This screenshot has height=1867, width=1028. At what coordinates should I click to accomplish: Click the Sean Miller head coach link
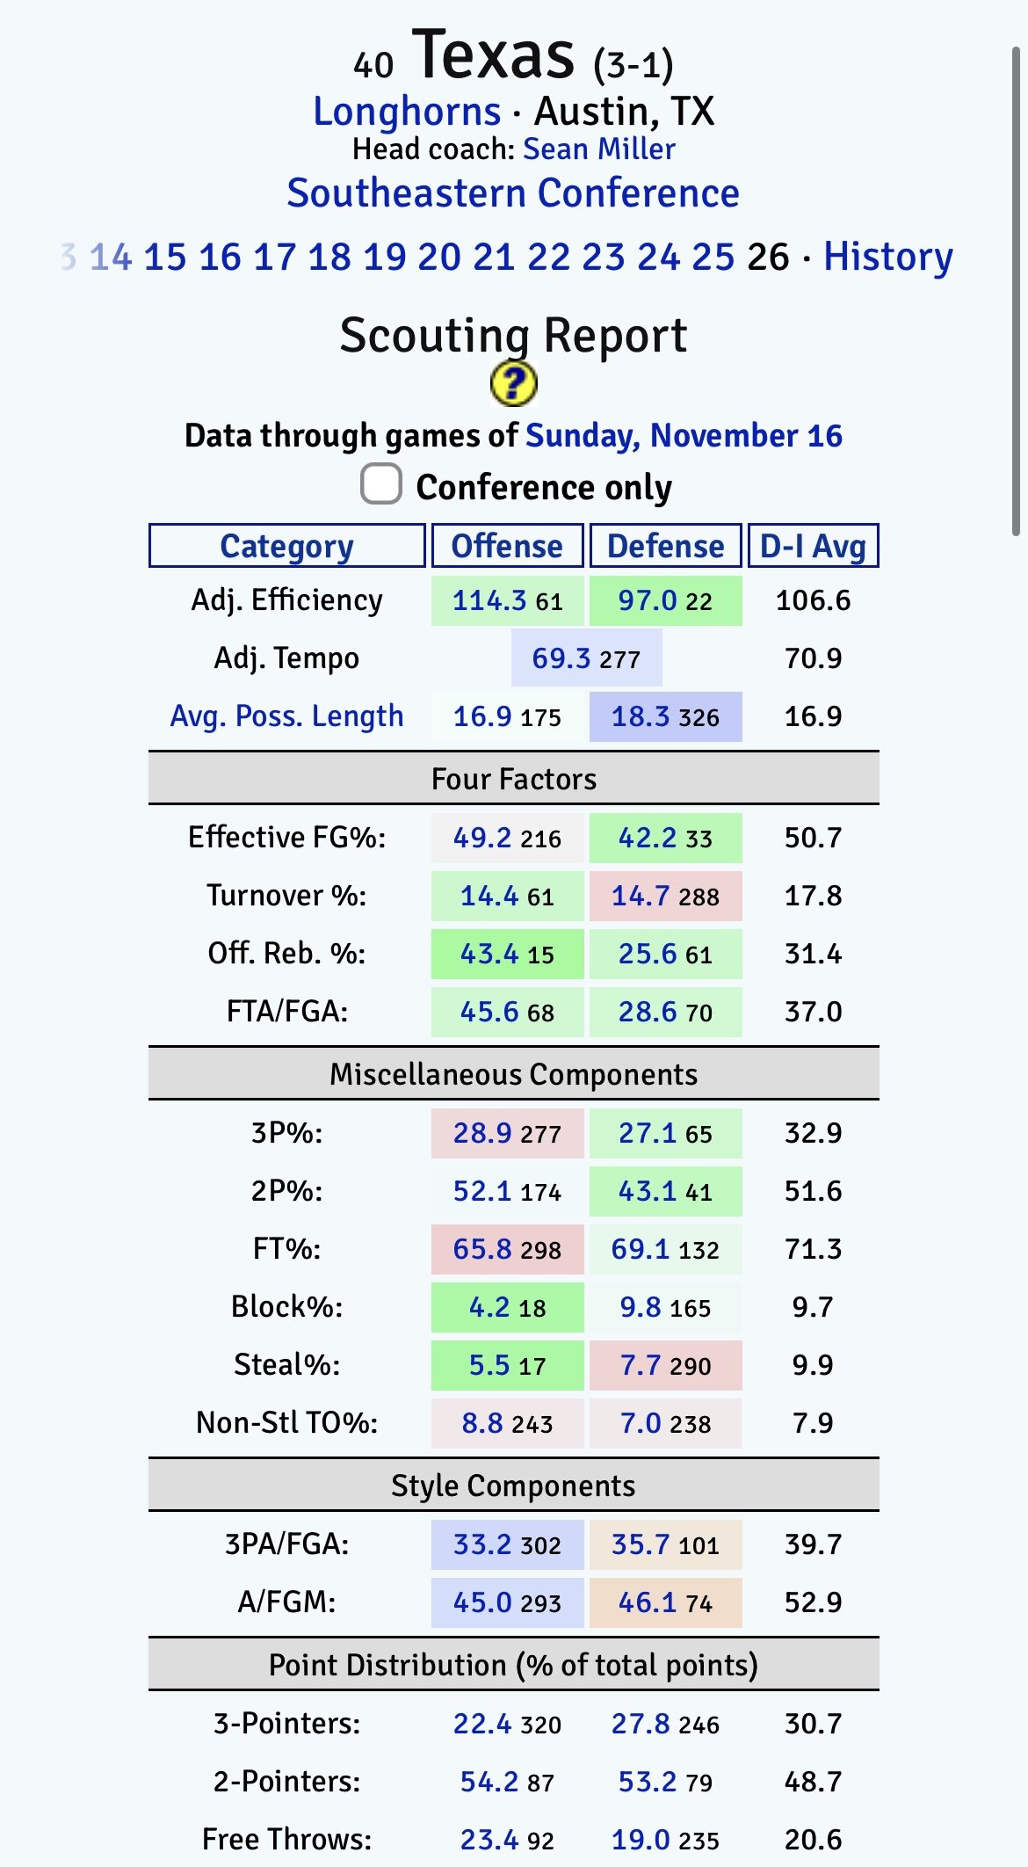coord(598,149)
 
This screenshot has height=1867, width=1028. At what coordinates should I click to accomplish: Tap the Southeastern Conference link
coord(513,193)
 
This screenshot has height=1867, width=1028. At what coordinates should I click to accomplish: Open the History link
coord(887,257)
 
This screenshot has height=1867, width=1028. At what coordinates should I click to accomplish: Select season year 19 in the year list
coord(384,257)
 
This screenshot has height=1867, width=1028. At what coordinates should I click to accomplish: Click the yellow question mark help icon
coord(513,384)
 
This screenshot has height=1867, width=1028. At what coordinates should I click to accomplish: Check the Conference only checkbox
coord(381,485)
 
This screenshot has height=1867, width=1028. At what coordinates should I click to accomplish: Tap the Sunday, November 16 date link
coord(684,435)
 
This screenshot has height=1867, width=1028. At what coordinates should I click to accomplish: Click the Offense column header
coord(507,546)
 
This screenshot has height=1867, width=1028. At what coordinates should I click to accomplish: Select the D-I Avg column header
coord(813,546)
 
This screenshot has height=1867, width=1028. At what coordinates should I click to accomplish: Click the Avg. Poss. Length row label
coord(286,716)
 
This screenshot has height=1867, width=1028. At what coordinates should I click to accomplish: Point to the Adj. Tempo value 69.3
coord(561,658)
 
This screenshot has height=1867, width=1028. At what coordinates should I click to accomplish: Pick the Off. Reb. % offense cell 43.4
coord(489,954)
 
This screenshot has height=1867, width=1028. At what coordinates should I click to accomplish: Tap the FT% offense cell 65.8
coord(482,1249)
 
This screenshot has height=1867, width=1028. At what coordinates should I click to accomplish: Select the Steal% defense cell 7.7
coord(641,1365)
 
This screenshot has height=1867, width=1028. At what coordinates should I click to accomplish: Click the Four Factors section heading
coord(513,779)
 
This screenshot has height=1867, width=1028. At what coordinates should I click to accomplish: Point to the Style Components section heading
coord(513,1486)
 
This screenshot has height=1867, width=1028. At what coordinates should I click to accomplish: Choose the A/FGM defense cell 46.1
coord(648,1602)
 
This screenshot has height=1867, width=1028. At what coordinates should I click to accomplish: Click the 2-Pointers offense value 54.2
coord(489,1782)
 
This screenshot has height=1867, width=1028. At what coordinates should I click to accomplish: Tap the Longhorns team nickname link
coord(407,112)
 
